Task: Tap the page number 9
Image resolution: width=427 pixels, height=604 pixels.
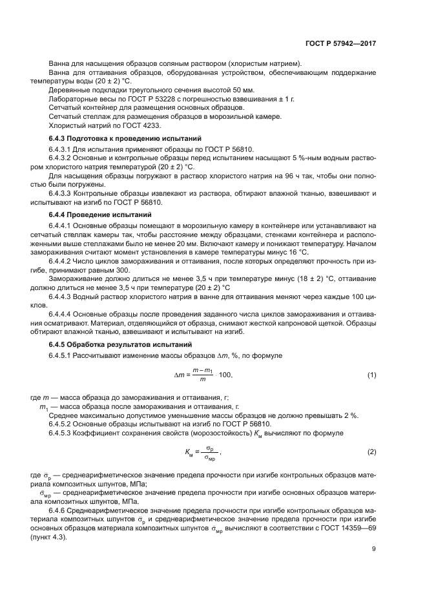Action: click(374, 567)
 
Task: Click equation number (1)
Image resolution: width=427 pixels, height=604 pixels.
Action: click(371, 376)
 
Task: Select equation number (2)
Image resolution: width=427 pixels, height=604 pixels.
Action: click(371, 452)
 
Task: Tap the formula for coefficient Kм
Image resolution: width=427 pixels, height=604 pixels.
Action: click(199, 452)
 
